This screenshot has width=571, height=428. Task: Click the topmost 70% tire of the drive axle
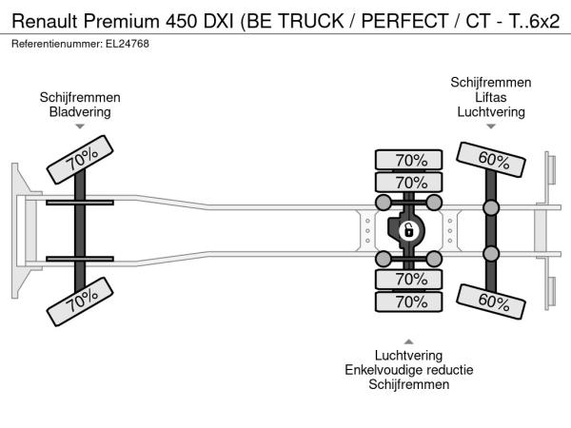tap(410, 160)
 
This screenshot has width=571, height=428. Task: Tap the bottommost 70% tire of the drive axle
tap(410, 302)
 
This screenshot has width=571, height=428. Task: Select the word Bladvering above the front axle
tap(80, 111)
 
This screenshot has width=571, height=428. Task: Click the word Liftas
tap(491, 97)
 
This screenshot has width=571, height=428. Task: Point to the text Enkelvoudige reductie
tap(409, 370)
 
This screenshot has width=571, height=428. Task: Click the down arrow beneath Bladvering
tap(80, 126)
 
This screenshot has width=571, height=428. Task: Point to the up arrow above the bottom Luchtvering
tap(409, 341)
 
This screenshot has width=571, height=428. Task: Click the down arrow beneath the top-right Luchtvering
tap(491, 126)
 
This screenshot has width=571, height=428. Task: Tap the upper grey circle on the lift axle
tap(491, 208)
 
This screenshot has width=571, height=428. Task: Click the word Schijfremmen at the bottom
tap(409, 384)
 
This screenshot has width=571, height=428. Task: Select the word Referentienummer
tap(53, 44)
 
